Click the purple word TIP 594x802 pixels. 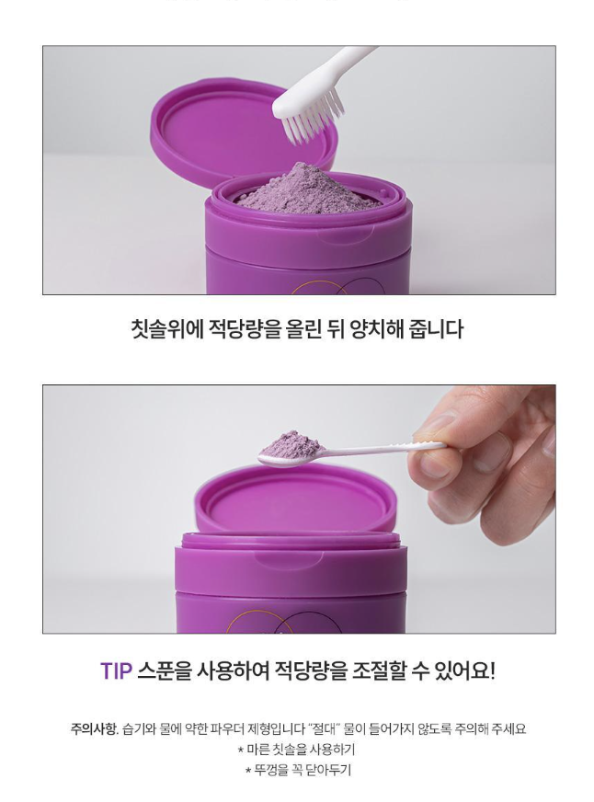116,670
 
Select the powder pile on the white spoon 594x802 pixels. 291,443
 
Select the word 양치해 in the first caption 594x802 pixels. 377,329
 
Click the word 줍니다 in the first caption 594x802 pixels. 436,329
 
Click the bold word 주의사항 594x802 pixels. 94,728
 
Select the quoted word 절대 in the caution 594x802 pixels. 325,728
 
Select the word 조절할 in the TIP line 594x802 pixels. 379,670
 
